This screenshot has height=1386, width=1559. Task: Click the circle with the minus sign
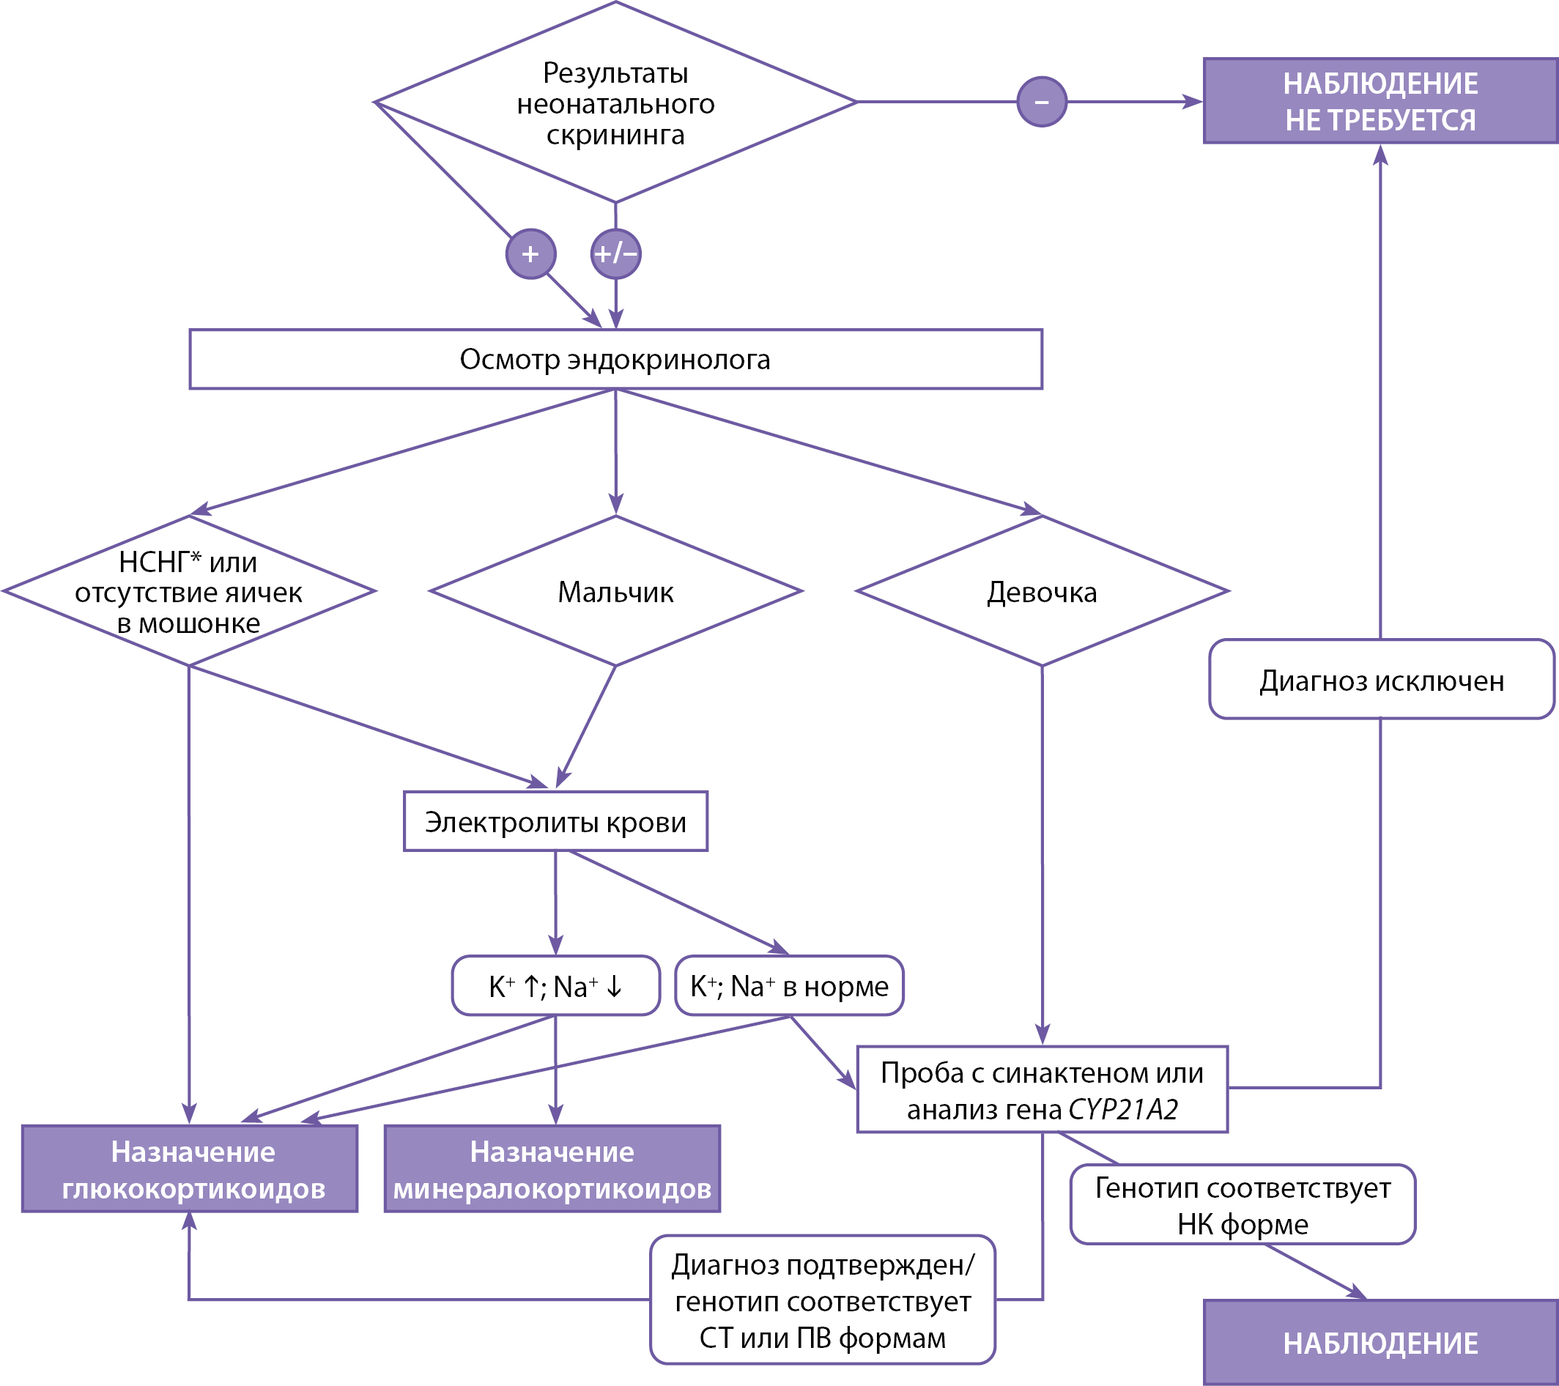coord(1042,101)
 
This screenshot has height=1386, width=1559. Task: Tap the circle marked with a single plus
coord(531,254)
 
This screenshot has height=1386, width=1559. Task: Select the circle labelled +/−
coord(616,254)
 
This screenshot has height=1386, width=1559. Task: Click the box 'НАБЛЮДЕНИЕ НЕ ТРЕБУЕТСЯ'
coord(1380,100)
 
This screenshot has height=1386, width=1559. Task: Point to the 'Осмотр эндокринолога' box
coord(615,359)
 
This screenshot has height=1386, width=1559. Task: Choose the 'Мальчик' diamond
coord(615,591)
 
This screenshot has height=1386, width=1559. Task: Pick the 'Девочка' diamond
coord(1043,591)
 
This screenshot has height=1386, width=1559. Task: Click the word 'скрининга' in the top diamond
coord(615,135)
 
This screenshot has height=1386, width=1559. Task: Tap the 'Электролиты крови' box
coord(555,821)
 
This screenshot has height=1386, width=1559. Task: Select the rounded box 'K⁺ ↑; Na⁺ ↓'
coord(556,985)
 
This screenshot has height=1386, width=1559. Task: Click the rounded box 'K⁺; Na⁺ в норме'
coord(790,985)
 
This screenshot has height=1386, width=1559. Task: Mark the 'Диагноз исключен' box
coord(1381,679)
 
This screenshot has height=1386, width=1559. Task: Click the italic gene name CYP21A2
coord(1124,1109)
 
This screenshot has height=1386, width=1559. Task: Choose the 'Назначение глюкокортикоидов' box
coord(190,1168)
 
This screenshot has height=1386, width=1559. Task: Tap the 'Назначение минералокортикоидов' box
coord(552,1168)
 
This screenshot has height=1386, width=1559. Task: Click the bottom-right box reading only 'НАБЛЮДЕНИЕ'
coord(1380,1344)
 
